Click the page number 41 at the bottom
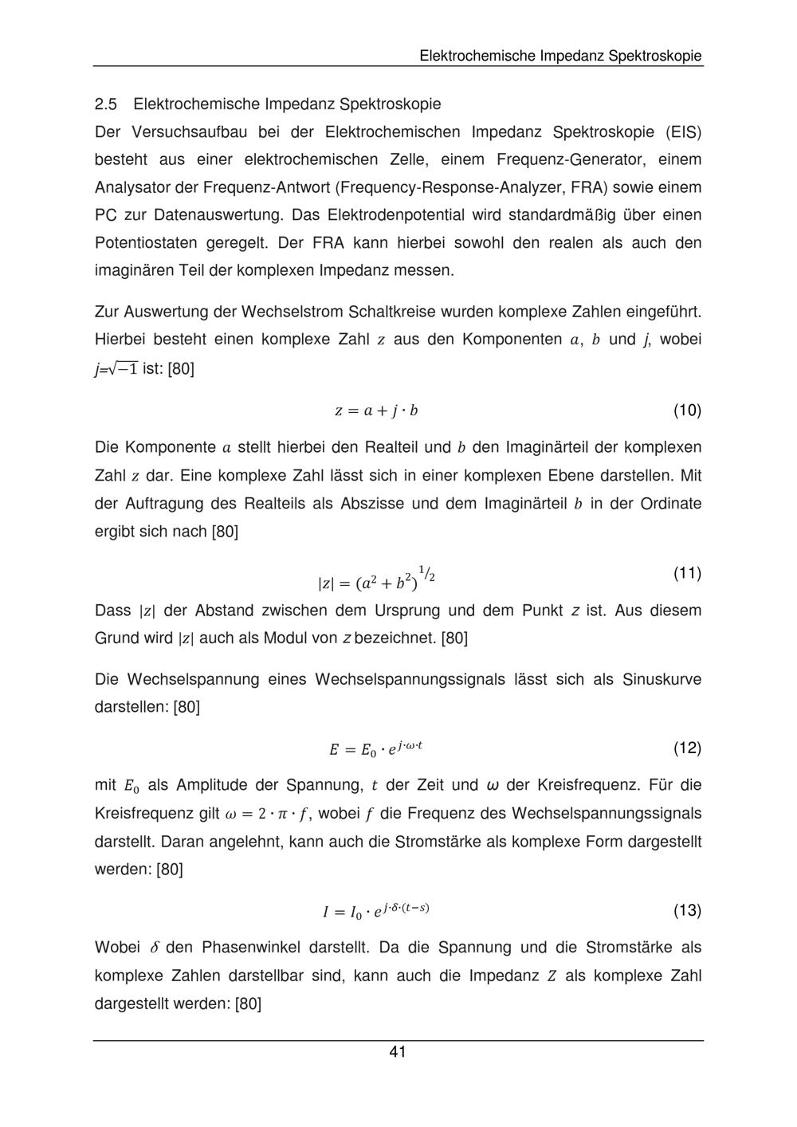[x=398, y=1052]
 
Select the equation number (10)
[x=687, y=410]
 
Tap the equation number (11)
[x=687, y=573]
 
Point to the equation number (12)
[x=687, y=748]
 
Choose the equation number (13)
[x=687, y=910]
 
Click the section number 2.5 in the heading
[x=106, y=104]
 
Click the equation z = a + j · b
[x=376, y=411]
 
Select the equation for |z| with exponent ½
[x=376, y=580]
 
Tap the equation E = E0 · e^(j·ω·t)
[x=376, y=748]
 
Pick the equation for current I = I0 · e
[x=376, y=910]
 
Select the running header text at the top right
[x=560, y=56]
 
